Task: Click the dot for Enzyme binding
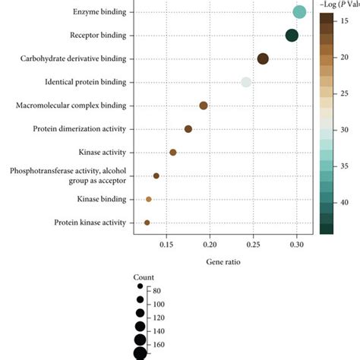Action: (299, 11)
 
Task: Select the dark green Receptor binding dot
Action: (292, 35)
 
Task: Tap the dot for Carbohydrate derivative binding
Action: (263, 58)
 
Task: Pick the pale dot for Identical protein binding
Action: (245, 82)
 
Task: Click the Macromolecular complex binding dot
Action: (204, 106)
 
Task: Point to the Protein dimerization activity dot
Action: (188, 129)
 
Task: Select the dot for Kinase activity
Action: (173, 153)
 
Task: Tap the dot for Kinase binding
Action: (149, 199)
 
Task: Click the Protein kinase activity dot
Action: (147, 223)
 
